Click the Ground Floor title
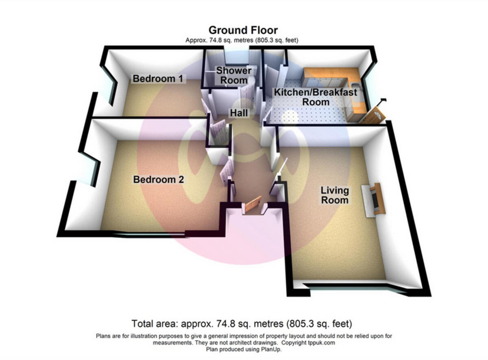click(243, 30)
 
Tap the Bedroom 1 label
click(158, 79)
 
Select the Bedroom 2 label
click(159, 179)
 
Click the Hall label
click(239, 113)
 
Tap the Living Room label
click(335, 195)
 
